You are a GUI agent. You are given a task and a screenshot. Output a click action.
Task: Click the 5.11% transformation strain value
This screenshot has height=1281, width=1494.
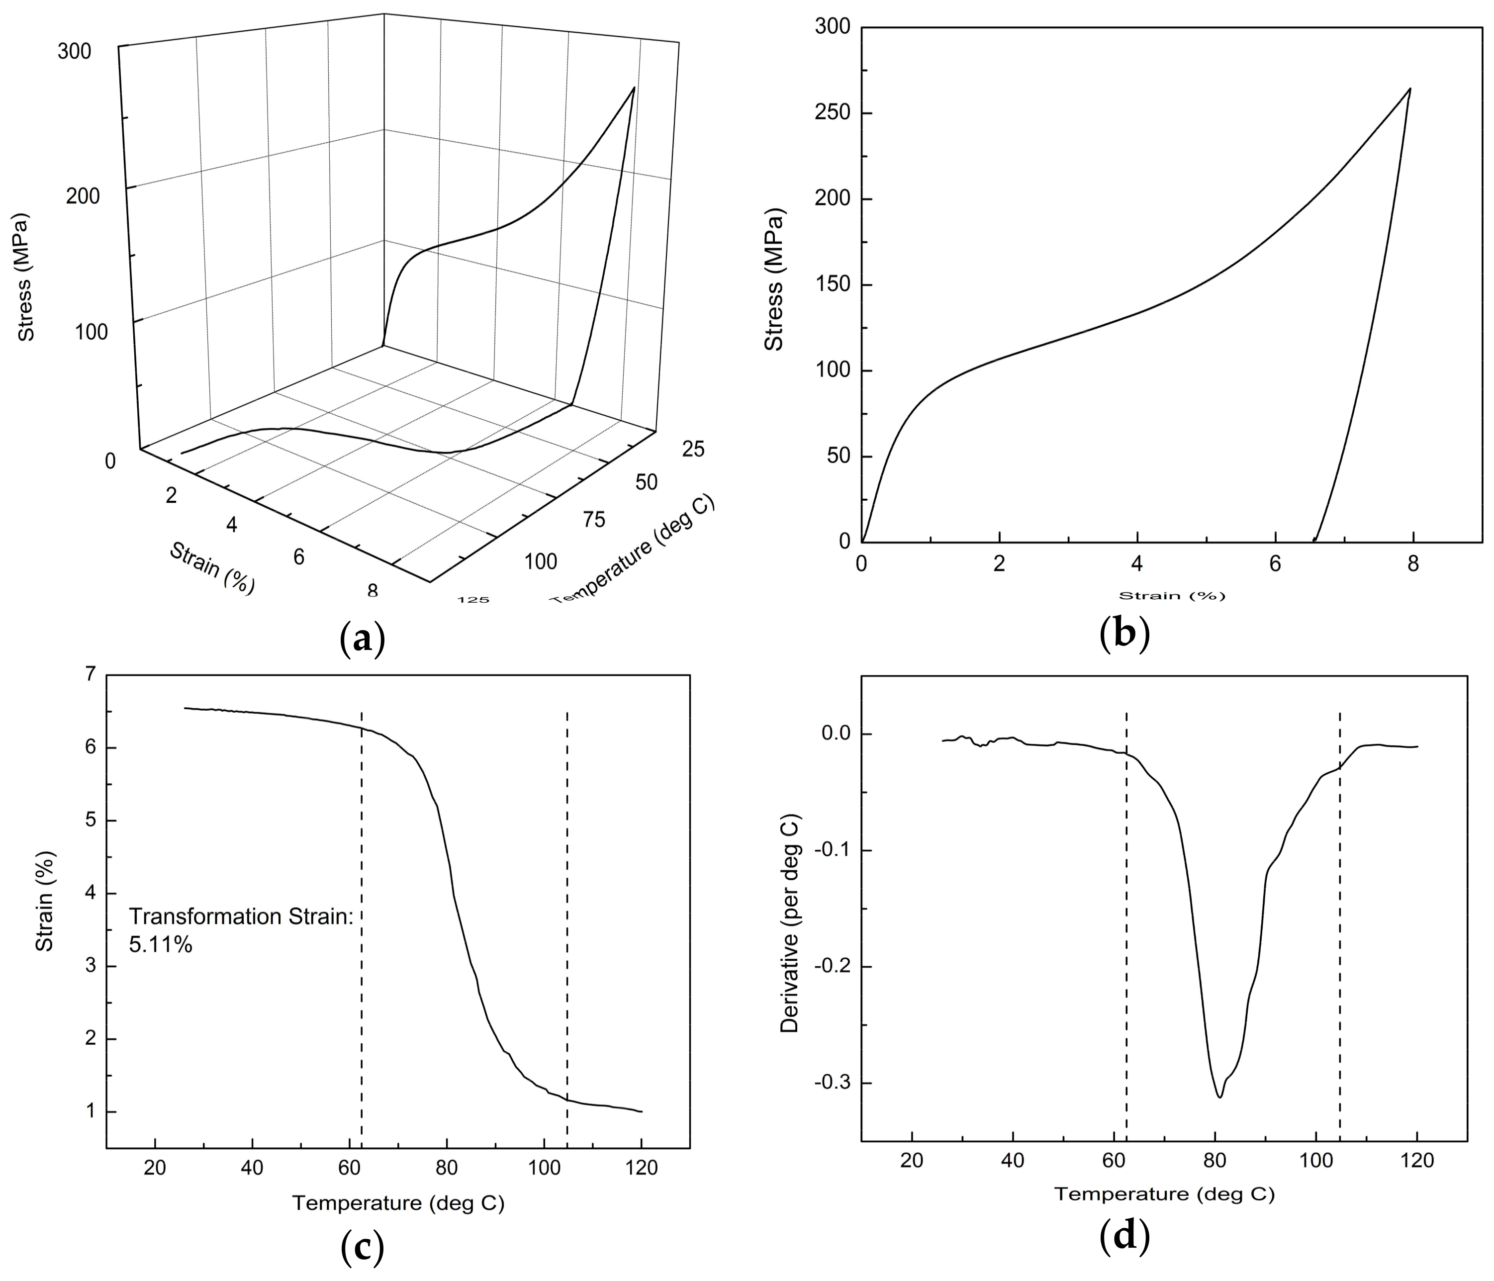tap(161, 945)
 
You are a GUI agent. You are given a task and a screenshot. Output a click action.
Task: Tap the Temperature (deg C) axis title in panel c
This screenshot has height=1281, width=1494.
tap(398, 1203)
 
